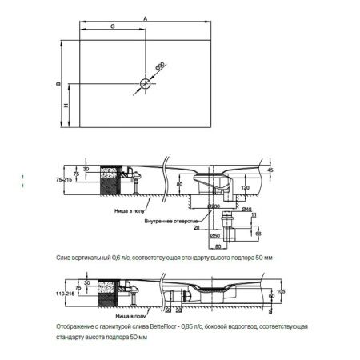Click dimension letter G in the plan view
tap(111, 26)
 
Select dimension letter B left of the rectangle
tap(58, 83)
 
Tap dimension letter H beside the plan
tap(66, 106)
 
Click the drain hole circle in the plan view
tap(145, 83)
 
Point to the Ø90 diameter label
tap(159, 69)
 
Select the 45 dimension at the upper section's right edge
tap(270, 171)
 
